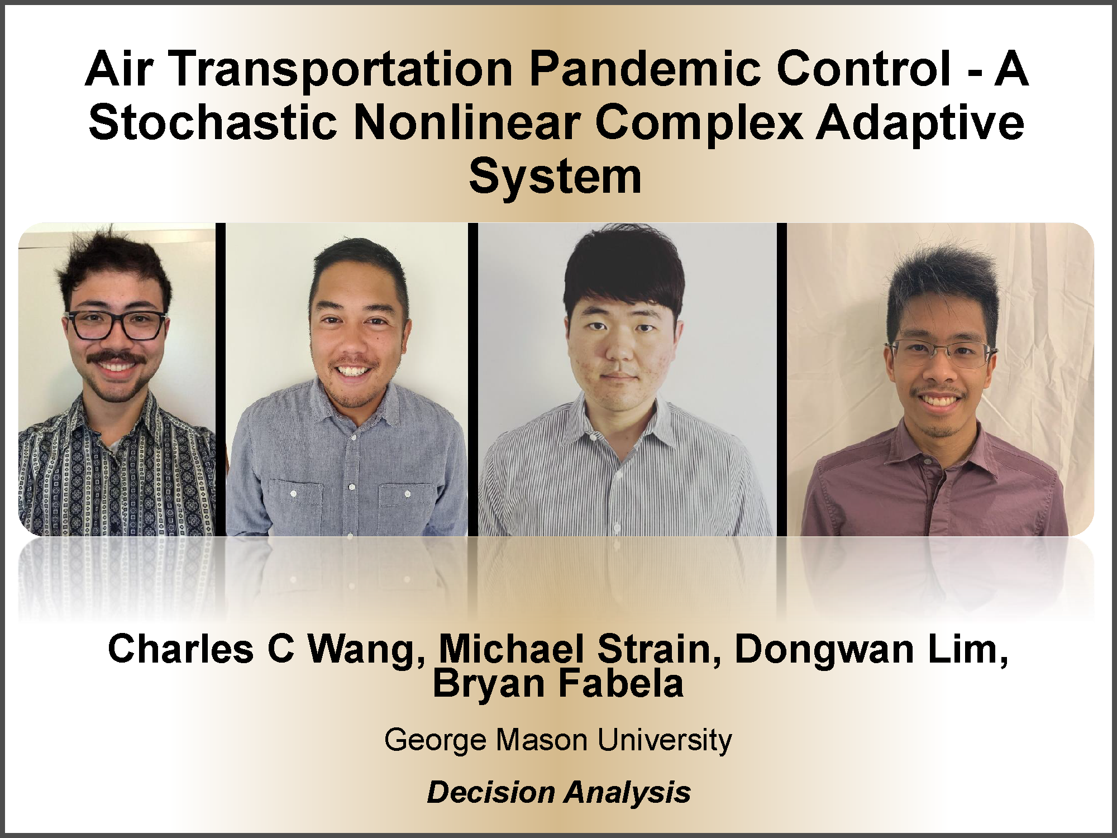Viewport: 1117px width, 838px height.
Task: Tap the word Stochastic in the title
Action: [213, 122]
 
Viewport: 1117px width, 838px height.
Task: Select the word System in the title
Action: [555, 177]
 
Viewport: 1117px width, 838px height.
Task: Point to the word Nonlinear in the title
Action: [467, 122]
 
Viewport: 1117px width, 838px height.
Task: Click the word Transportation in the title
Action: [341, 70]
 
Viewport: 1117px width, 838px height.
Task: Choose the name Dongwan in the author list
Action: [823, 650]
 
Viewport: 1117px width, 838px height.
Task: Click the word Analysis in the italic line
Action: [628, 793]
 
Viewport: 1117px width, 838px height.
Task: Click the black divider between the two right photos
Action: [781, 379]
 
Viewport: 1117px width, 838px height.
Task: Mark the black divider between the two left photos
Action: [221, 379]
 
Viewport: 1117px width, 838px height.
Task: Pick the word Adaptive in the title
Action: [920, 122]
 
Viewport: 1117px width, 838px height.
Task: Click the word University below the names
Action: [665, 741]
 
